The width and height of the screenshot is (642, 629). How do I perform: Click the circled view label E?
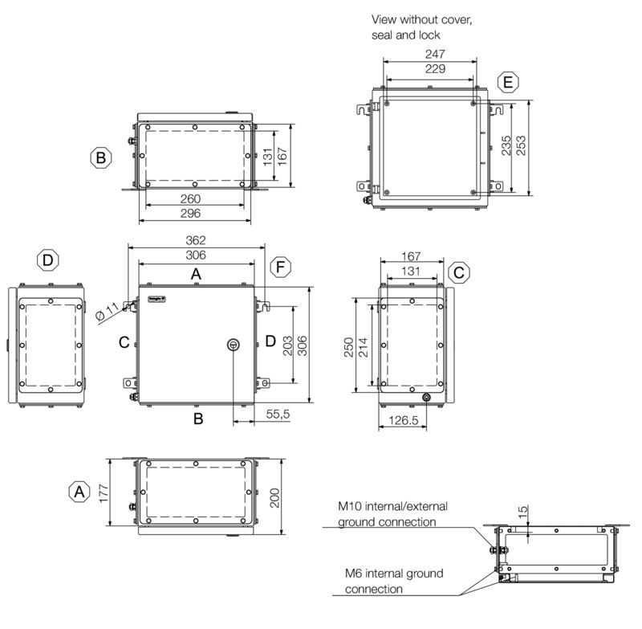click(x=507, y=82)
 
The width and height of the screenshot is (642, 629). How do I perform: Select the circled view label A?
click(x=78, y=491)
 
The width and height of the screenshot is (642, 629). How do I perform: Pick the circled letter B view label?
click(x=100, y=158)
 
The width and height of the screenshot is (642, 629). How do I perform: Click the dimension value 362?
click(x=196, y=240)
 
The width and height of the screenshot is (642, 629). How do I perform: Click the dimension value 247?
click(x=434, y=54)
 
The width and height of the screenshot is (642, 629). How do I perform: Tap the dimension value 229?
click(x=434, y=70)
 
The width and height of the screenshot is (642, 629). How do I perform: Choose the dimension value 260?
click(x=190, y=198)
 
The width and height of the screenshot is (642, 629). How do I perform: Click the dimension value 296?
click(x=190, y=213)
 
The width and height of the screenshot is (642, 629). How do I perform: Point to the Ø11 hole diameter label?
click(x=106, y=313)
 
